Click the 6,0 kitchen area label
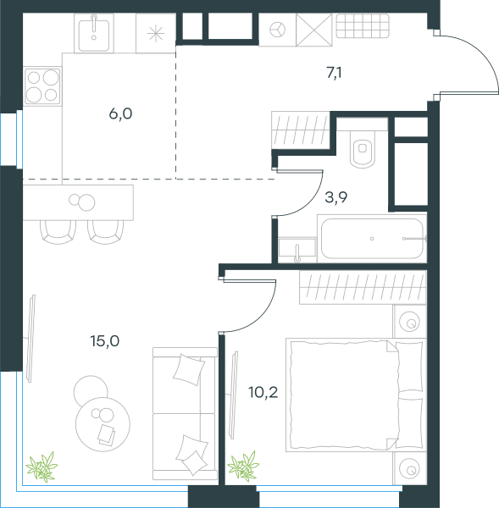tap(120, 114)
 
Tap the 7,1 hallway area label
tap(334, 73)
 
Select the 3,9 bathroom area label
tap(335, 197)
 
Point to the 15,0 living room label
tap(105, 341)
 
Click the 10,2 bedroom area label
tap(263, 393)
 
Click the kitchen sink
tap(94, 33)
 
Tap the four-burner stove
tap(42, 86)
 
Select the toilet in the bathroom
tap(363, 149)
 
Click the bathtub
tap(372, 239)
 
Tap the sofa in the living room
tap(185, 413)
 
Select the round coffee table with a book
tap(103, 424)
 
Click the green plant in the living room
tap(42, 467)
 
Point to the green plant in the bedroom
tap(243, 466)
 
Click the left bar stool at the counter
tap(58, 232)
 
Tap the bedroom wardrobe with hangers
tap(363, 287)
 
